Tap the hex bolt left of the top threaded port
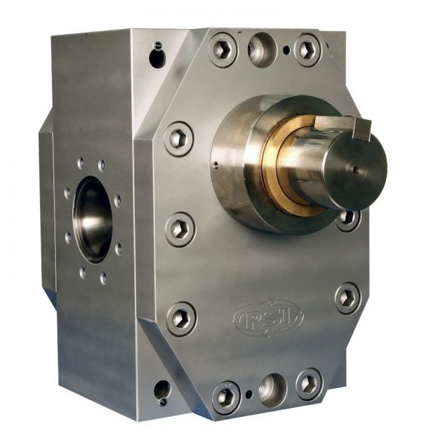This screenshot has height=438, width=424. [x=222, y=50]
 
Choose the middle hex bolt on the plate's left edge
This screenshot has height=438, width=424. [x=179, y=229]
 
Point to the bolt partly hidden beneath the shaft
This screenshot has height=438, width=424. [x=348, y=218]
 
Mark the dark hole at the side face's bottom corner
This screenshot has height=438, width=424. [x=162, y=390]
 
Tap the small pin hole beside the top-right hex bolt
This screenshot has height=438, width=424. [x=285, y=50]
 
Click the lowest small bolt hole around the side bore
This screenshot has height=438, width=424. [x=103, y=278]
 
